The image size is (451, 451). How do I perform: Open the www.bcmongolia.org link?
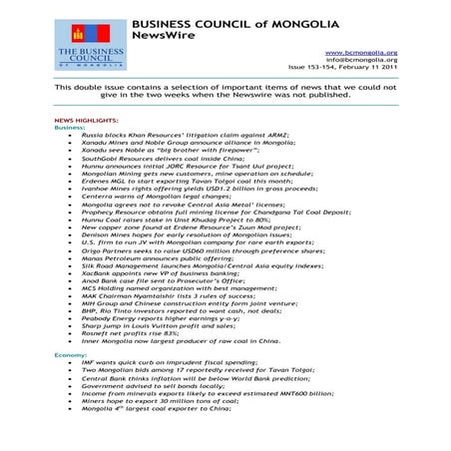tap(361, 52)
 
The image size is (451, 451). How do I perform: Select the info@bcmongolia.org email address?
tap(361, 60)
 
